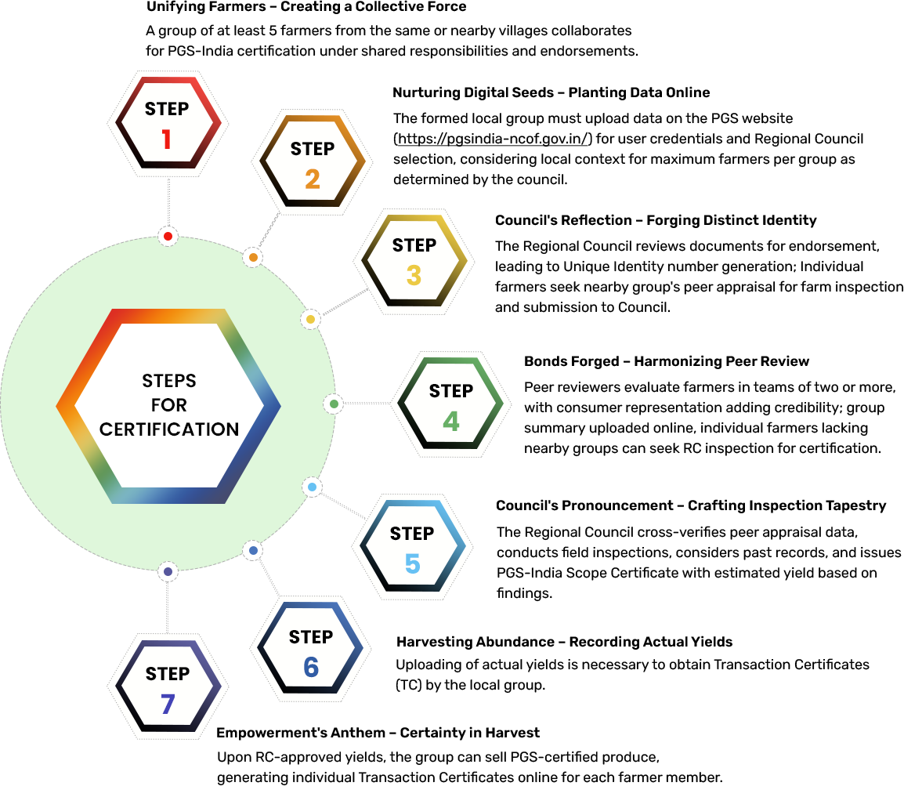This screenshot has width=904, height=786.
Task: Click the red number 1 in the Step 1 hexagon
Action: [166, 139]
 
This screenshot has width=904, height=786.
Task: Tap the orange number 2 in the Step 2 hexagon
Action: [313, 179]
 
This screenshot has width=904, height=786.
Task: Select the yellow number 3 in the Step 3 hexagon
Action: [414, 275]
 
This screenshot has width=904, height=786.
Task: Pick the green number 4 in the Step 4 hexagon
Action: [451, 422]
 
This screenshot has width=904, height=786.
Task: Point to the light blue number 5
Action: [412, 564]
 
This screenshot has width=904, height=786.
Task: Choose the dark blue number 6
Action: [311, 667]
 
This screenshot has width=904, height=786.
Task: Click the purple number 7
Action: [167, 705]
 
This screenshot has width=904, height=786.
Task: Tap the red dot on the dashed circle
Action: [168, 236]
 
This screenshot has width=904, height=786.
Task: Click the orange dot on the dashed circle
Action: [253, 257]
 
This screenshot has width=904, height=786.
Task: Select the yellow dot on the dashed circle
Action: [310, 320]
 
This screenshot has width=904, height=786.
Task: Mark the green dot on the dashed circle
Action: [334, 404]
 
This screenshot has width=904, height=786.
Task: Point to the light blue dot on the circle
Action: [312, 487]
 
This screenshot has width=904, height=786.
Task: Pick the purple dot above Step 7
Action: [168, 572]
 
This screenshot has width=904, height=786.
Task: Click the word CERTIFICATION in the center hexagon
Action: [169, 429]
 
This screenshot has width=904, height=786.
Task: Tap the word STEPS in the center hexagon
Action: [169, 381]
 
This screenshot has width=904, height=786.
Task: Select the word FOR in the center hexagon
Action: [169, 405]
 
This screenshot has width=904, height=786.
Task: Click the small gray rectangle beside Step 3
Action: [340, 302]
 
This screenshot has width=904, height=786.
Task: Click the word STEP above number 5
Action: [412, 534]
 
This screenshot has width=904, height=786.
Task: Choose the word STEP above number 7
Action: [167, 674]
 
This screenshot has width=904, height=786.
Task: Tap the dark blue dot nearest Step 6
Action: [253, 551]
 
